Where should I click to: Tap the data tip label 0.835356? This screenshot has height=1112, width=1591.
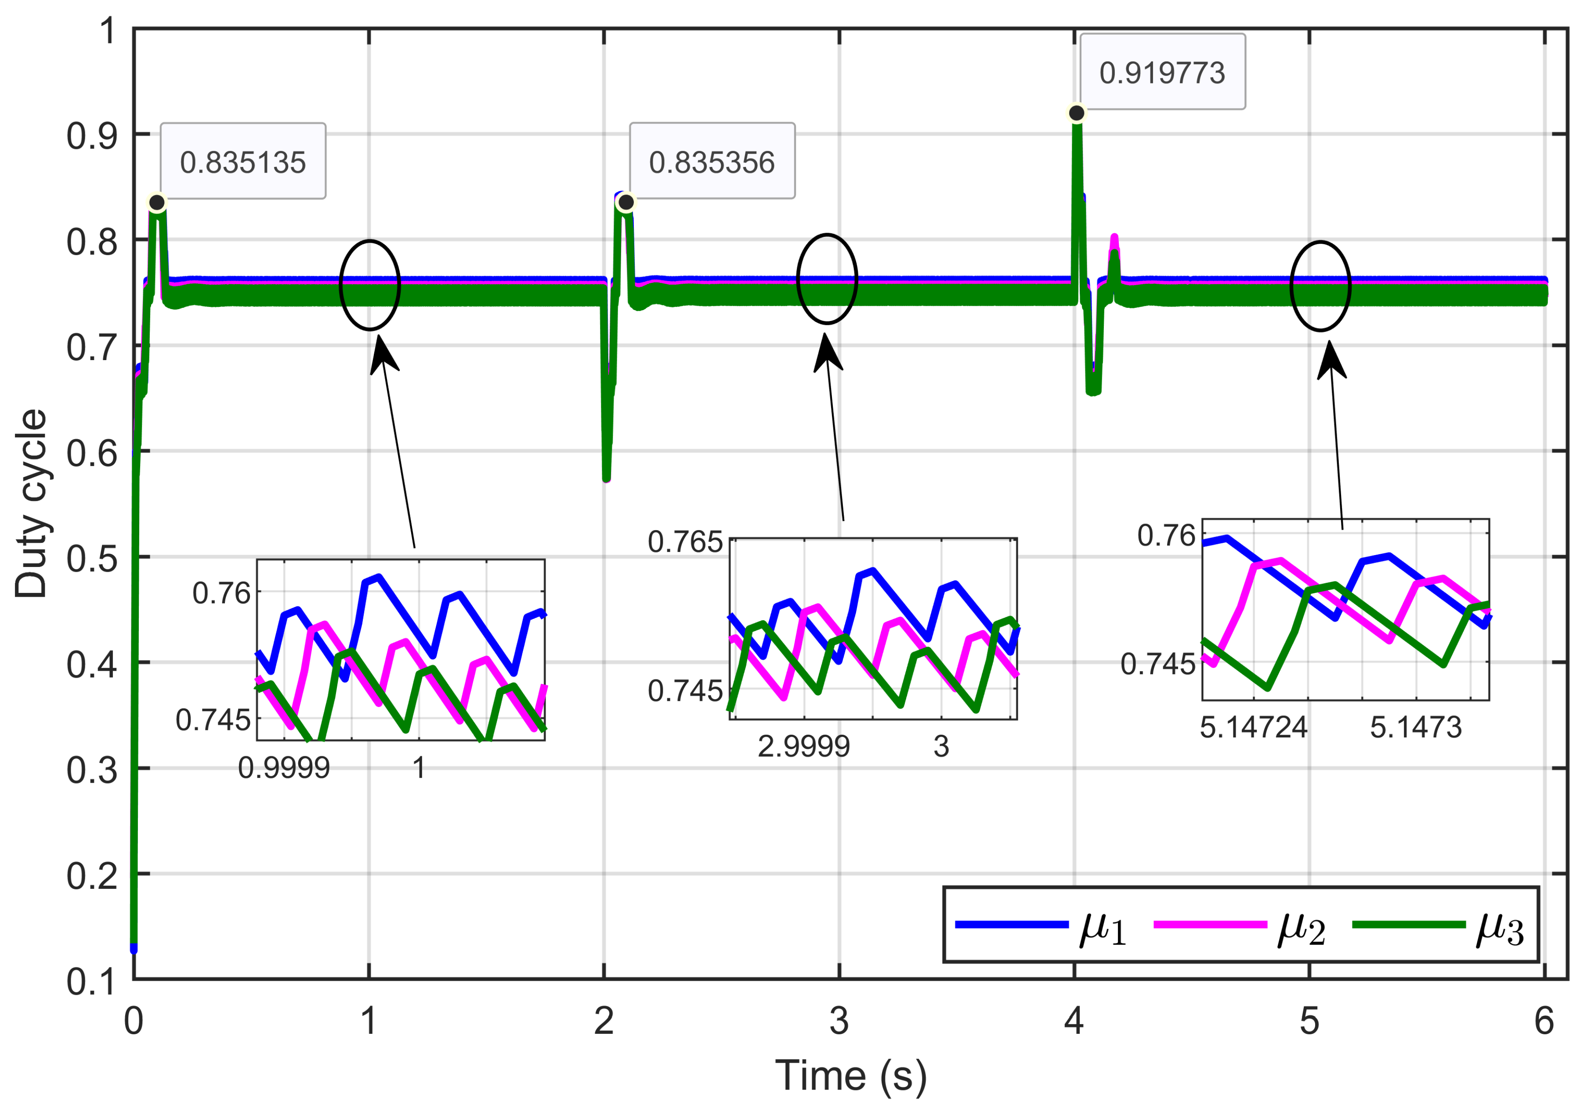coord(712,162)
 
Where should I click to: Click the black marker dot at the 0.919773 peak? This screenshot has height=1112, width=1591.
coord(1076,113)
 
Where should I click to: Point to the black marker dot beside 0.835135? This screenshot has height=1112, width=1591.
coord(157,202)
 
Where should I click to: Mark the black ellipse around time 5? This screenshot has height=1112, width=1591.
coord(1320,285)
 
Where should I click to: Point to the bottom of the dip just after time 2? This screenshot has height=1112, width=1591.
coord(606,477)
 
